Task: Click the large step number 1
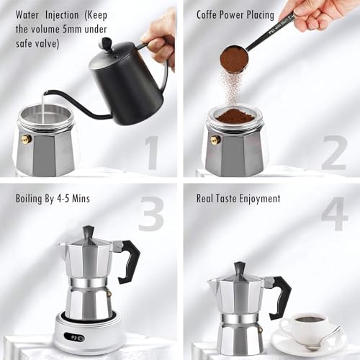(x=151, y=153)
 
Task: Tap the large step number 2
(x=333, y=152)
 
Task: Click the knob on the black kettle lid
(x=106, y=43)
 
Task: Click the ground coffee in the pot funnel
(x=235, y=115)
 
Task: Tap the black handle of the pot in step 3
(x=130, y=259)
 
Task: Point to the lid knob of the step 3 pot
(x=88, y=232)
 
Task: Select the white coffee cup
(x=310, y=325)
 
